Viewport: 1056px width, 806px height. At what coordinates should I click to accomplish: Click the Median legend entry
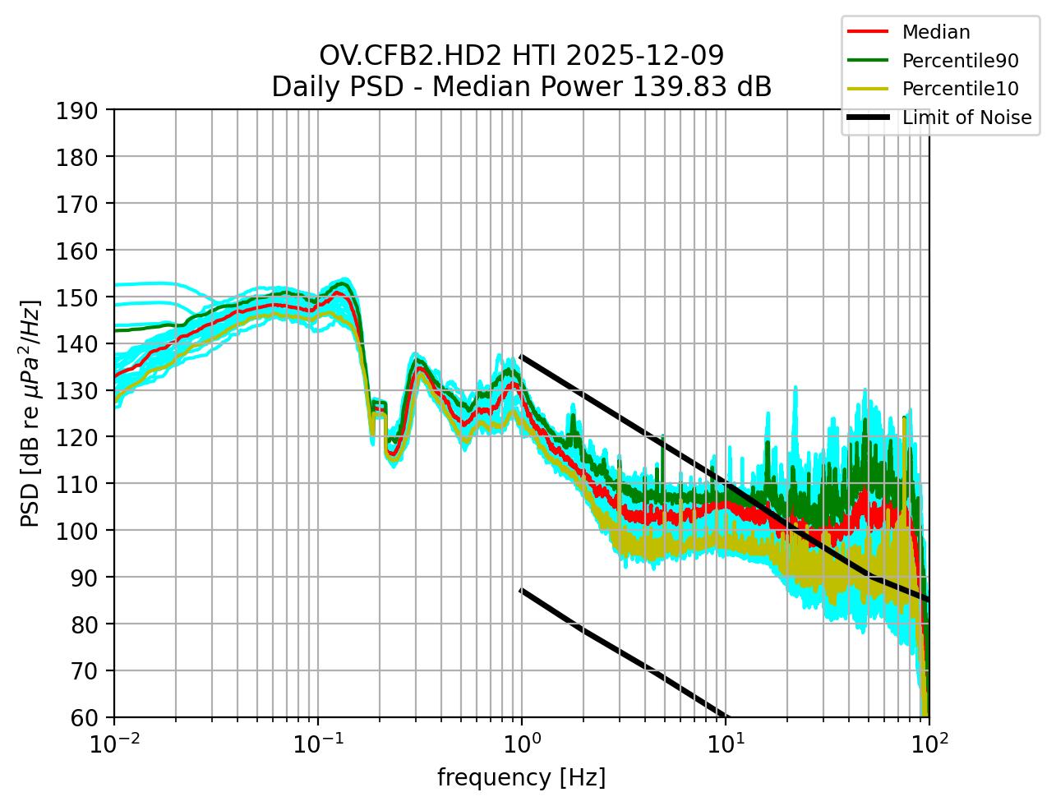(x=935, y=32)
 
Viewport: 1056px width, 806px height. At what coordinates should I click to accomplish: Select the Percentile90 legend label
(x=960, y=60)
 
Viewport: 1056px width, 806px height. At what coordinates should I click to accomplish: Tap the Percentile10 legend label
(x=960, y=89)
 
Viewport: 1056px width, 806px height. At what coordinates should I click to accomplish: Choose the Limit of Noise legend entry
(x=966, y=117)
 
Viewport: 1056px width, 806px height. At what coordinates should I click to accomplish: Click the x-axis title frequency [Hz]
(x=522, y=777)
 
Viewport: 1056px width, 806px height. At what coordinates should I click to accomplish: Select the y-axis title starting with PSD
(x=30, y=413)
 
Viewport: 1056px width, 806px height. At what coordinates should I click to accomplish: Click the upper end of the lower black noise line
(x=522, y=589)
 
